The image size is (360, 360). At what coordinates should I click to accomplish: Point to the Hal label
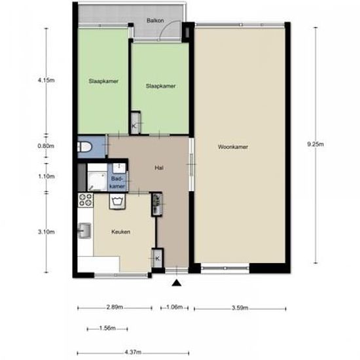(158, 168)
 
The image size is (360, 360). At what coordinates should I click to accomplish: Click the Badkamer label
(118, 183)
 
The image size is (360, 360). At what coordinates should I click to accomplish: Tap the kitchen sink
(84, 230)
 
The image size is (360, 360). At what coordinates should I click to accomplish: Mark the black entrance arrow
(176, 283)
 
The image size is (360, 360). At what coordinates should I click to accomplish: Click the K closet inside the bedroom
(135, 125)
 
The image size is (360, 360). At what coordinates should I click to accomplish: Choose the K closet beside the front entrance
(157, 259)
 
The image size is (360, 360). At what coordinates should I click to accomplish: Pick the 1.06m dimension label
(175, 306)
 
